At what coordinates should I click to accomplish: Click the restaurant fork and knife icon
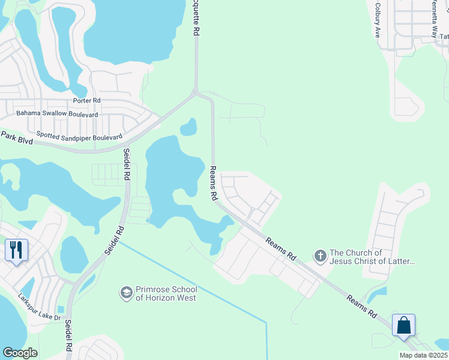click(x=16, y=250)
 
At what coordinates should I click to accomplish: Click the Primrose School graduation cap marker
click(x=126, y=293)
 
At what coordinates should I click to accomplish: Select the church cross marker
click(x=320, y=256)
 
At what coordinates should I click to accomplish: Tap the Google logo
click(x=20, y=353)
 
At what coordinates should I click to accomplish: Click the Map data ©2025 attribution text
click(x=423, y=355)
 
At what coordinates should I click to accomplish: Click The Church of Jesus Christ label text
click(x=373, y=257)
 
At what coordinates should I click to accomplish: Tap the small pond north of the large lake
click(x=188, y=127)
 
